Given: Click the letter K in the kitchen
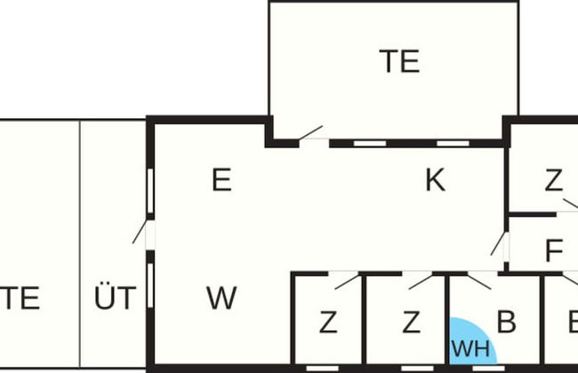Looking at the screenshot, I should click(x=434, y=181).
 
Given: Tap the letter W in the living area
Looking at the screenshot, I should click(x=221, y=298).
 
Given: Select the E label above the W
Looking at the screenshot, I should click(x=221, y=181).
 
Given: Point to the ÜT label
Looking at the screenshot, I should click(x=116, y=298).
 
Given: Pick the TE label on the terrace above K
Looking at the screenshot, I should click(x=399, y=61).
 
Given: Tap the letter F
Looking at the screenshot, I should click(x=554, y=251).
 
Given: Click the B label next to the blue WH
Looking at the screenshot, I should click(x=506, y=322).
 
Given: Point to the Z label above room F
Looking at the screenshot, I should click(x=554, y=181).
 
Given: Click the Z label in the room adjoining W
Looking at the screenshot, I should click(x=328, y=322).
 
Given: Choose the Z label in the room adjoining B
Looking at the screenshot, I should click(x=410, y=322).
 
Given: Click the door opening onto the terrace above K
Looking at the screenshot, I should click(x=310, y=134).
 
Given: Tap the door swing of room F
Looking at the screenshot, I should click(x=499, y=245).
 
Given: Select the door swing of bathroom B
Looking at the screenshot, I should click(x=478, y=282).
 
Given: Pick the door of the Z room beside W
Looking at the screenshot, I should click(x=348, y=281).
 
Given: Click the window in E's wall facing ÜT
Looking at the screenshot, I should click(x=150, y=190).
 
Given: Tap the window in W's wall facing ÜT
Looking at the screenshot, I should click(x=150, y=282).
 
